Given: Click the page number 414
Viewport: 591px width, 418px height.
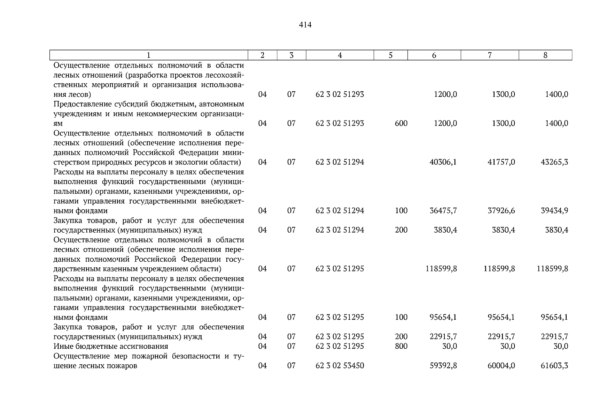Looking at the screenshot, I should (x=305, y=25).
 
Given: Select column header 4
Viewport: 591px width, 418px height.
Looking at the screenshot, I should (x=340, y=55).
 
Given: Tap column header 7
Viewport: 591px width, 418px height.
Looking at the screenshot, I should (x=490, y=55).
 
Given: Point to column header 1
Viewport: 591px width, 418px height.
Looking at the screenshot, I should (x=149, y=55).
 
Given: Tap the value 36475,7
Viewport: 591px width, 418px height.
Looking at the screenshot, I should (x=443, y=211).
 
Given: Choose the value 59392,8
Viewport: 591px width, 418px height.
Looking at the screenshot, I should (x=443, y=366).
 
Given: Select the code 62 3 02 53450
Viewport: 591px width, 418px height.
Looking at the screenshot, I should (x=340, y=366).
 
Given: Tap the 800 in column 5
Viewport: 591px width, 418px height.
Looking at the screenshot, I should (x=401, y=346).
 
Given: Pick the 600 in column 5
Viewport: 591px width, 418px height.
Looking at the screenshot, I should (x=401, y=124).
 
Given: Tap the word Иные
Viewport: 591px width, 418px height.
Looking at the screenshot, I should (x=62, y=346).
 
